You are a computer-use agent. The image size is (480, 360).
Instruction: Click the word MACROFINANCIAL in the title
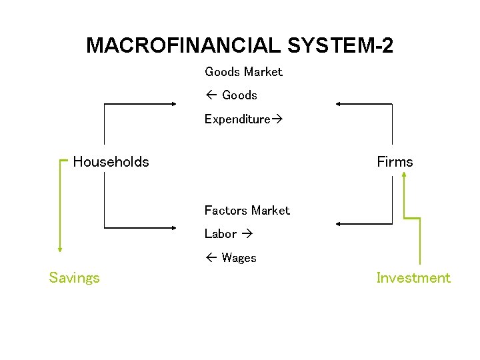(x=184, y=45)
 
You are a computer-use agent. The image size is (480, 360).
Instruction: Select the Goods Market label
(x=243, y=71)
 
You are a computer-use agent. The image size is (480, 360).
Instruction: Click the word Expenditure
(x=237, y=119)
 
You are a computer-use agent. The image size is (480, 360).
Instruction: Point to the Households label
(x=111, y=161)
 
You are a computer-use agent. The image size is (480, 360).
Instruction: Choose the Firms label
(x=395, y=161)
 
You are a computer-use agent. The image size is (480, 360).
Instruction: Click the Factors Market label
(x=247, y=210)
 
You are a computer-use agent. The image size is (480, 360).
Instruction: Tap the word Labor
(x=221, y=234)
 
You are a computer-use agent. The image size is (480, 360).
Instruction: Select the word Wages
(x=239, y=258)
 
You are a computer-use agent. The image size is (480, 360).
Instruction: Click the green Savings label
(x=74, y=278)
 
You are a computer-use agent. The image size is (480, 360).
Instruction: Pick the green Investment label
(x=413, y=278)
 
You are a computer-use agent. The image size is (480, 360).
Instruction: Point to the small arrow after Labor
(x=246, y=234)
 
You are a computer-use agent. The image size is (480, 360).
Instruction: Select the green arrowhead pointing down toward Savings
(x=60, y=249)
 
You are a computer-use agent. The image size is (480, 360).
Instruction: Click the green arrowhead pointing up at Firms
(x=404, y=175)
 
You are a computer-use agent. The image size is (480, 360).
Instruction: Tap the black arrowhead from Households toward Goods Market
(x=173, y=104)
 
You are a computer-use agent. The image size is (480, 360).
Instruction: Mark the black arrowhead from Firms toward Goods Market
(x=339, y=104)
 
